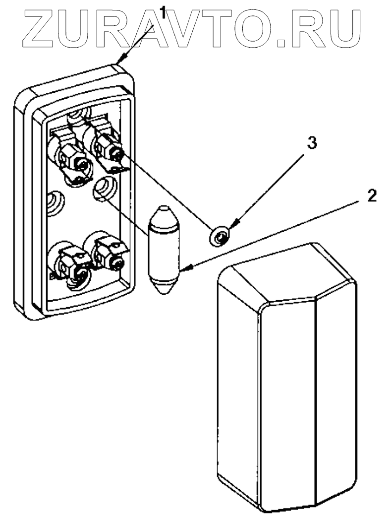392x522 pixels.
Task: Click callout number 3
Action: pos(311,143)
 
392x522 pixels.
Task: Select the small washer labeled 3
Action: pos(220,235)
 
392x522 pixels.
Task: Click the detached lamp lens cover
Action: pos(286,377)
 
